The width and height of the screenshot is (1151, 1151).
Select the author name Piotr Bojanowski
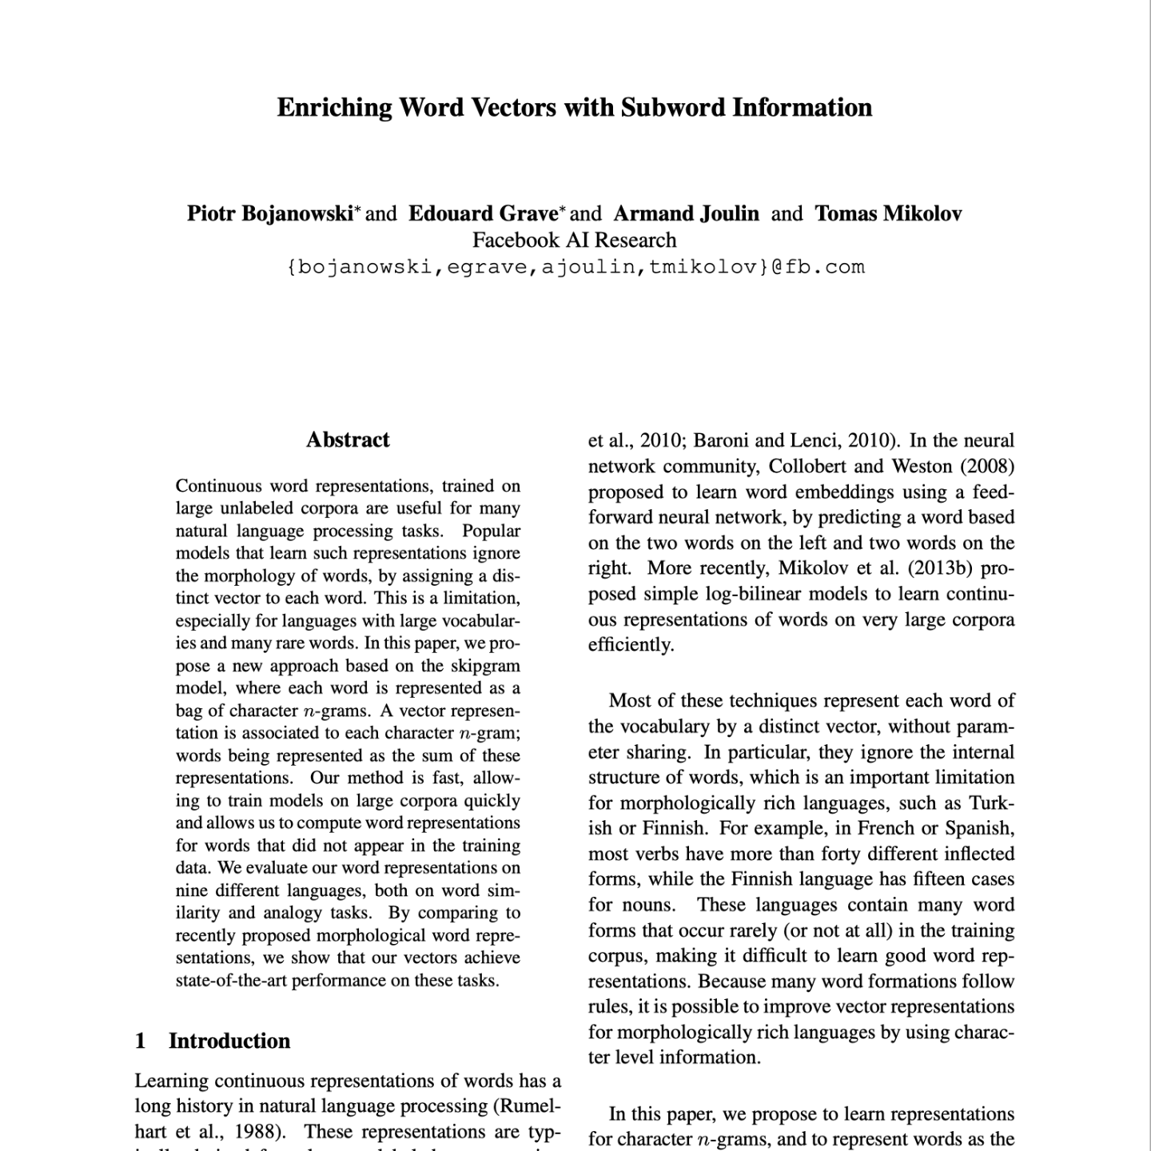[269, 213]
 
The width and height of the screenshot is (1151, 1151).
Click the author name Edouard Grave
[483, 213]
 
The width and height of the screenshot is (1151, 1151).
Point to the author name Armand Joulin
[686, 213]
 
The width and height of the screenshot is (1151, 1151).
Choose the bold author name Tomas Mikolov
[888, 213]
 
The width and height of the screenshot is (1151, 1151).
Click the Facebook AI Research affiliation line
[574, 240]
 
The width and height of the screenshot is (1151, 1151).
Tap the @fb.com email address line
[575, 267]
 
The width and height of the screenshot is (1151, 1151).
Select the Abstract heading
[348, 440]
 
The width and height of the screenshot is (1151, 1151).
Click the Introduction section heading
[229, 1041]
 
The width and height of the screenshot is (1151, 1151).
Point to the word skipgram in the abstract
[485, 666]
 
